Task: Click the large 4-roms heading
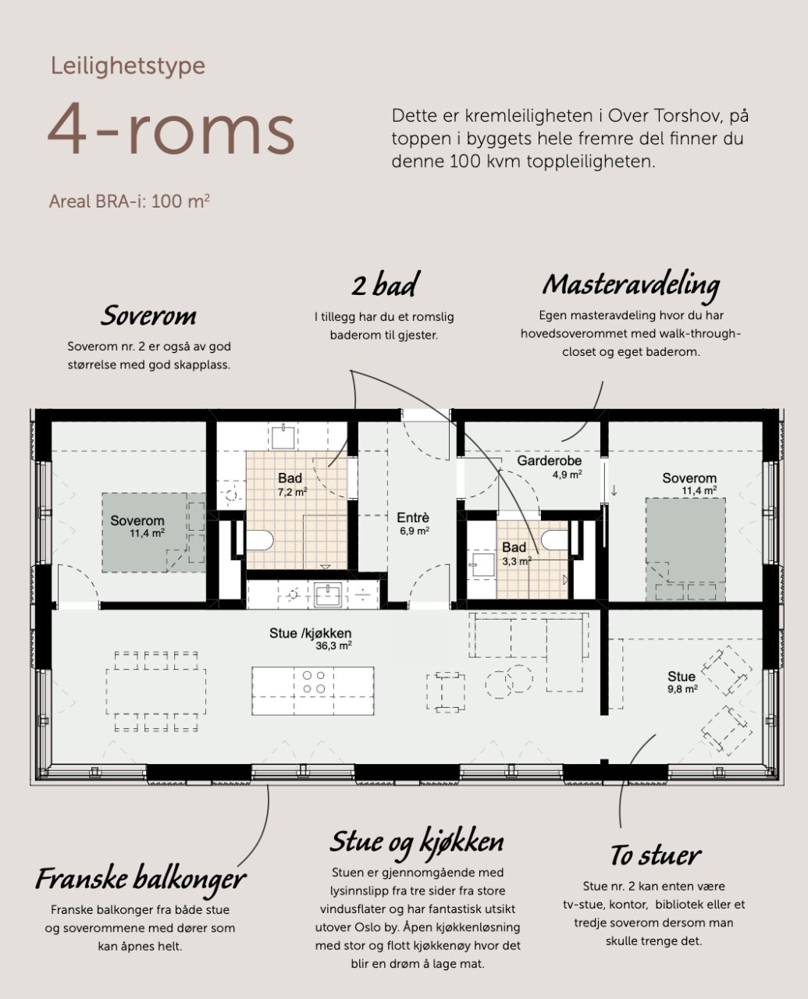pyautogui.click(x=171, y=129)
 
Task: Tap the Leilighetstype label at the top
pyautogui.click(x=127, y=66)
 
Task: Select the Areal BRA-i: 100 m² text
pyautogui.click(x=129, y=201)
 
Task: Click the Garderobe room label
pyautogui.click(x=549, y=460)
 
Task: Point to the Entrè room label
pyautogui.click(x=413, y=517)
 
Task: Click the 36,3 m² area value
pyautogui.click(x=333, y=645)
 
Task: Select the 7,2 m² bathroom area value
pyautogui.click(x=292, y=492)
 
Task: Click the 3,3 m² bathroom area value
pyautogui.click(x=517, y=561)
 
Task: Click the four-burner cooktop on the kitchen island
pyautogui.click(x=313, y=682)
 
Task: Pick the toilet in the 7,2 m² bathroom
pyautogui.click(x=259, y=540)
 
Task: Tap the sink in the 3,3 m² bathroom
pyautogui.click(x=482, y=565)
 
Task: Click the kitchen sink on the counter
pyautogui.click(x=328, y=595)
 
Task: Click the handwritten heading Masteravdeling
pyautogui.click(x=631, y=286)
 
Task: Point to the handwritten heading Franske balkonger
pyautogui.click(x=141, y=879)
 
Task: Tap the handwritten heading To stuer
pyautogui.click(x=656, y=855)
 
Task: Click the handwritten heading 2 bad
pyautogui.click(x=386, y=284)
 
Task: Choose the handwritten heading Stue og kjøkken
pyautogui.click(x=417, y=843)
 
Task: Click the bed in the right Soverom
pyautogui.click(x=685, y=549)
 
